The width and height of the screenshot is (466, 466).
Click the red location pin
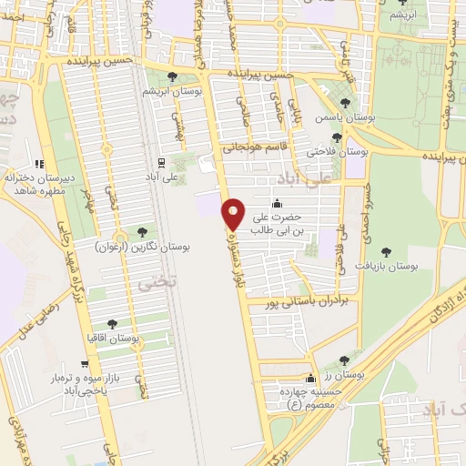point(234,215)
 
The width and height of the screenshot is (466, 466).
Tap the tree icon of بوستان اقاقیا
point(112,323)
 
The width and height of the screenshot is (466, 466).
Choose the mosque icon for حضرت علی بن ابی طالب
point(277,204)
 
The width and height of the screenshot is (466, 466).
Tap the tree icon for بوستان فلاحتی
point(337,137)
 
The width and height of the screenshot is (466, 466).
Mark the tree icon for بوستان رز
point(356,361)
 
